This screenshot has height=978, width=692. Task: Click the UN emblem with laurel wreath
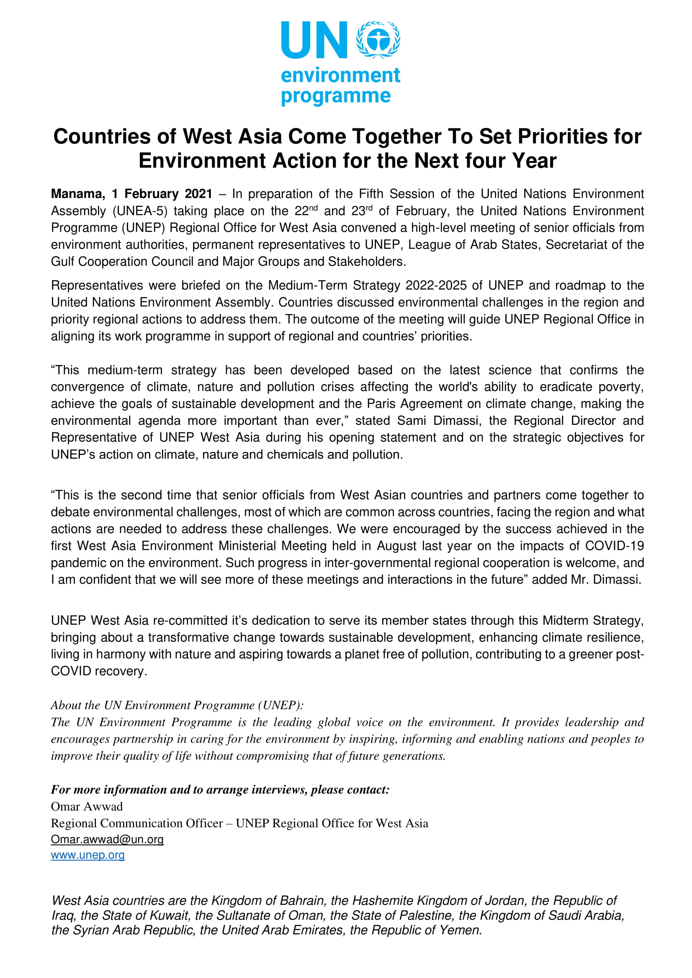(x=378, y=40)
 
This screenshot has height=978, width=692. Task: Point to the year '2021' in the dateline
(x=198, y=194)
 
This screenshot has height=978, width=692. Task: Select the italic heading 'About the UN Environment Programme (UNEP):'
(x=177, y=705)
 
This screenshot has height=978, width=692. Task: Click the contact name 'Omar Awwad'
(x=87, y=807)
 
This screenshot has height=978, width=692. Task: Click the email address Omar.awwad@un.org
(x=107, y=840)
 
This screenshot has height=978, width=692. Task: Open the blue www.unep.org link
(x=87, y=855)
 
